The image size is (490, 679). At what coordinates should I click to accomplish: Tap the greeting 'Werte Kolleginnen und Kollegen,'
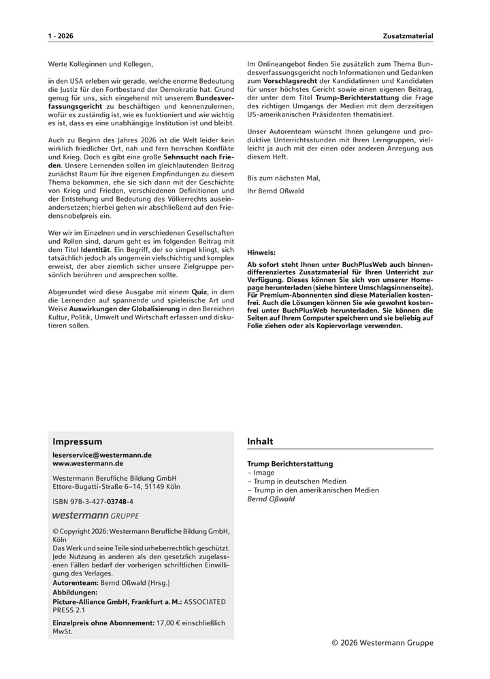click(101, 64)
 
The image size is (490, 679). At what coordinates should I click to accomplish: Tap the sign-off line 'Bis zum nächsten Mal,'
click(283, 178)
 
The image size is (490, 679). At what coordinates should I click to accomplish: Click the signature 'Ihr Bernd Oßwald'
click(276, 191)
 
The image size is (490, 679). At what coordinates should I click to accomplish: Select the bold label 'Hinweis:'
click(261, 251)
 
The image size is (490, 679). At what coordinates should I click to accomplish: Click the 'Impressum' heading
click(78, 441)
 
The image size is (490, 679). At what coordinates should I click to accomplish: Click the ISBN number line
click(93, 501)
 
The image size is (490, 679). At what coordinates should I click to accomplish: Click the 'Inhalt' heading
click(260, 441)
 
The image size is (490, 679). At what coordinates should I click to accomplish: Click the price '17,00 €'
click(169, 622)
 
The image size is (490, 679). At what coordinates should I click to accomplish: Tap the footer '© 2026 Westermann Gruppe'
click(382, 642)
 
